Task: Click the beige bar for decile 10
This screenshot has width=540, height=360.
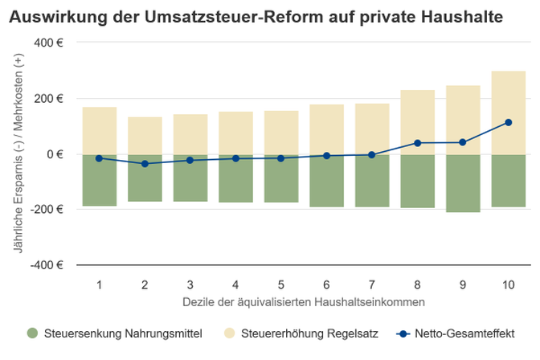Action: click(509, 112)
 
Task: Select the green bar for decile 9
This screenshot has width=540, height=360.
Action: click(463, 183)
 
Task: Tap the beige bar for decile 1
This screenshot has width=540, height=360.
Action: click(100, 130)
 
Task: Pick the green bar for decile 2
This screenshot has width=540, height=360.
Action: click(145, 178)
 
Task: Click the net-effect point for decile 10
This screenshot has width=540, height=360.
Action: click(509, 122)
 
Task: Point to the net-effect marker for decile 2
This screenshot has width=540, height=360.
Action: click(145, 164)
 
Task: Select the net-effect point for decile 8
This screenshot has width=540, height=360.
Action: click(417, 143)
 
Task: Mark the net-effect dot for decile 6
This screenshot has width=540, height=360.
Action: click(326, 156)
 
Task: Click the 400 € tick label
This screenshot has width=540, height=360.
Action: click(48, 43)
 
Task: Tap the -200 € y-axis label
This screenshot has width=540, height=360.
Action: click(47, 209)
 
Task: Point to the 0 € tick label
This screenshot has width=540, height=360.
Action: click(55, 154)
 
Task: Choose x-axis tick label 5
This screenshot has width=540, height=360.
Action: click(281, 285)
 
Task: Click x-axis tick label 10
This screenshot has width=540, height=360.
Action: click(509, 285)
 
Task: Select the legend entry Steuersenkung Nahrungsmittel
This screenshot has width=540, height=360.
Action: click(115, 333)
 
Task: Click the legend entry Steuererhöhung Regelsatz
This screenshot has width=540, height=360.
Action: click(301, 333)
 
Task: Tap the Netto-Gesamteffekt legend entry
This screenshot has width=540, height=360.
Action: click(456, 333)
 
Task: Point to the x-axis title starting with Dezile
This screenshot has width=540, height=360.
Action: click(304, 302)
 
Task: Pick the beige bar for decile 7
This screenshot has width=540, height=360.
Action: click(372, 129)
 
